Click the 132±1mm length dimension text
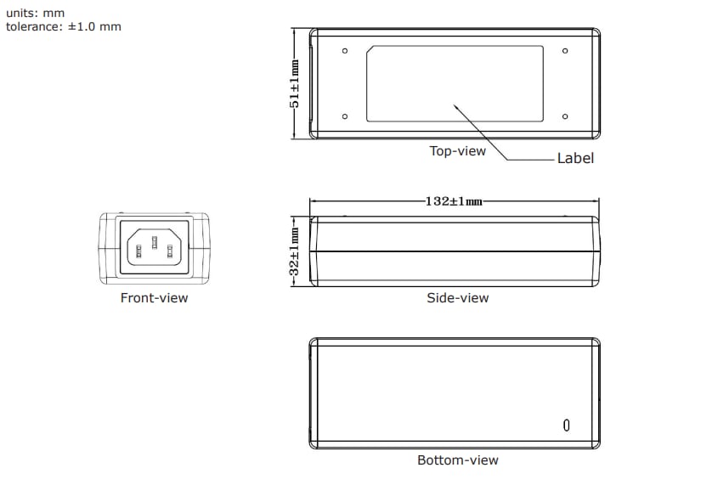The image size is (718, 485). pyautogui.click(x=454, y=201)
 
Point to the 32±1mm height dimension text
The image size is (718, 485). pyautogui.click(x=295, y=251)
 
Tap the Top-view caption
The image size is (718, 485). pyautogui.click(x=458, y=151)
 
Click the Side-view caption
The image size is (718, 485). pyautogui.click(x=458, y=298)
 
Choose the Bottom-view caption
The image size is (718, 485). pyautogui.click(x=458, y=460)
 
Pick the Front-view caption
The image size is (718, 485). pyautogui.click(x=154, y=298)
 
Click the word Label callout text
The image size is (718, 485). pyautogui.click(x=575, y=158)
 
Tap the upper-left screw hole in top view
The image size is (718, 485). pyautogui.click(x=345, y=52)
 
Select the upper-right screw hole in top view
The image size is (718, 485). pyautogui.click(x=565, y=52)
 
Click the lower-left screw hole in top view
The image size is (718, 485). pyautogui.click(x=345, y=116)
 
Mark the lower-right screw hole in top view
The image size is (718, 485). pyautogui.click(x=565, y=116)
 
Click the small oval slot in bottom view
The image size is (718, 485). pyautogui.click(x=566, y=425)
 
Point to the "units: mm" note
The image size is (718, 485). pyautogui.click(x=36, y=13)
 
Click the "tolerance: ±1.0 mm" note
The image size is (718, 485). pyautogui.click(x=64, y=26)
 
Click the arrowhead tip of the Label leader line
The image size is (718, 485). pyautogui.click(x=454, y=104)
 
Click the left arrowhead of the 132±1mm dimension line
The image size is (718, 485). pyautogui.click(x=312, y=201)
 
